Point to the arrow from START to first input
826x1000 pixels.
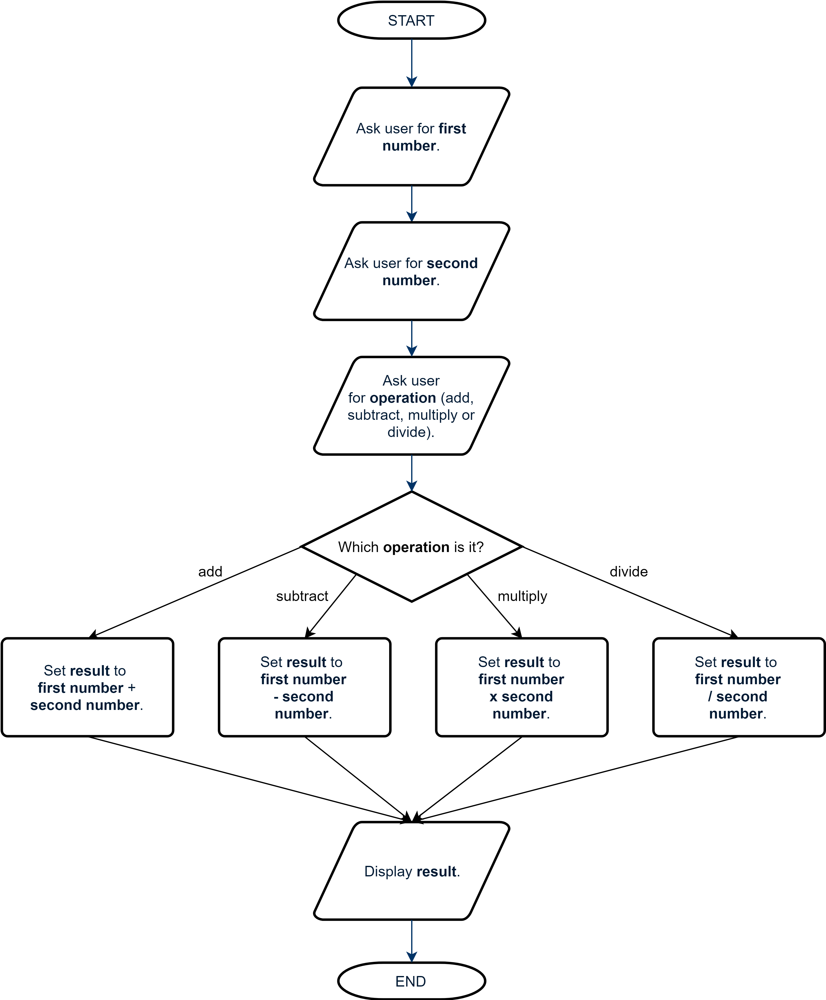[x=412, y=62]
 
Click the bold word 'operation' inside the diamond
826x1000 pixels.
[x=416, y=547]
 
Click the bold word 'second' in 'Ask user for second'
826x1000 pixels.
[x=452, y=263]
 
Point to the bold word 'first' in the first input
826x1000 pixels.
[x=452, y=129]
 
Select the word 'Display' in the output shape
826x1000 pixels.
[x=388, y=871]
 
